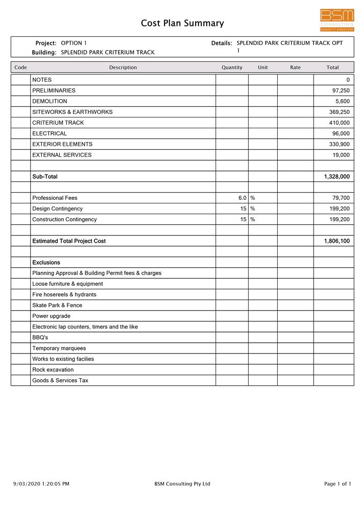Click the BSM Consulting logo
(337, 20)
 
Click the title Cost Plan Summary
(182, 24)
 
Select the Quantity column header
(232, 67)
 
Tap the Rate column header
(295, 67)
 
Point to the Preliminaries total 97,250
(341, 90)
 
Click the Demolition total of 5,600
(342, 101)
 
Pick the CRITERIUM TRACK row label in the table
(58, 123)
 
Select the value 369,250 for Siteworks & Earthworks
(339, 112)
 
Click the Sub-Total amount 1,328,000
(337, 177)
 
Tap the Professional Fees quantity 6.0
(242, 198)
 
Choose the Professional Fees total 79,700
(341, 198)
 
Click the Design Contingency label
(57, 208)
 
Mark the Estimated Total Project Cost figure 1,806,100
(337, 241)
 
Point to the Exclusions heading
(46, 263)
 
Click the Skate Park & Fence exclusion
(57, 306)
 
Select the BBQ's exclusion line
(40, 338)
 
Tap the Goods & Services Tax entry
(60, 381)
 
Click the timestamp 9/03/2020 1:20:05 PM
(41, 484)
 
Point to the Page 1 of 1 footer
(338, 484)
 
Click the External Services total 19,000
(341, 155)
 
